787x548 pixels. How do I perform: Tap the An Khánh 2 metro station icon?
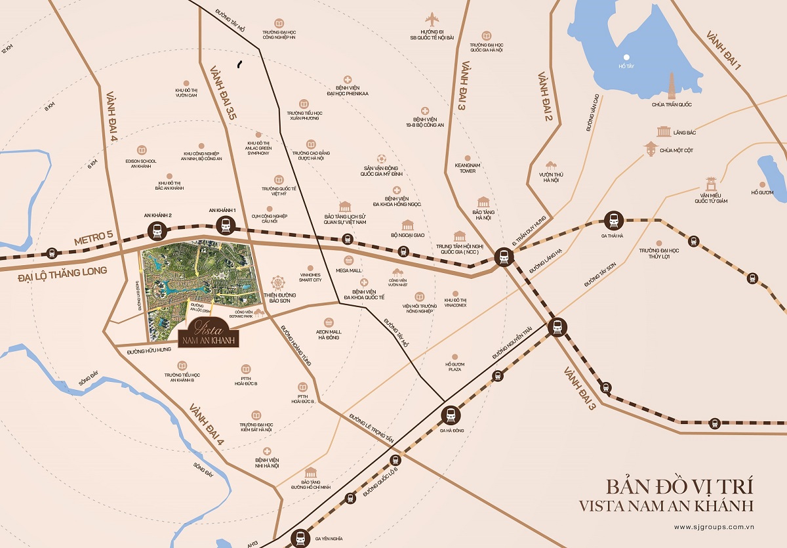(158, 231)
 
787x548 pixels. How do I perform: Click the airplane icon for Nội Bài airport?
(431, 19)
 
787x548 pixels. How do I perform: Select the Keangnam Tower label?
(465, 168)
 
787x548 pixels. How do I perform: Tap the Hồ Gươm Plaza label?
(454, 366)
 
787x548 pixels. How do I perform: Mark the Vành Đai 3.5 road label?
(223, 95)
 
